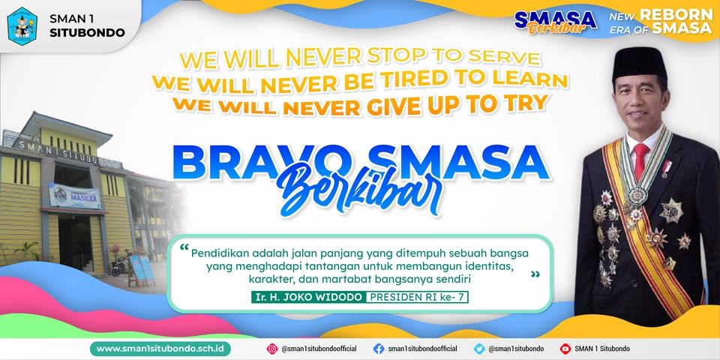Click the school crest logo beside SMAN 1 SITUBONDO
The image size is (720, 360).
coord(22,25)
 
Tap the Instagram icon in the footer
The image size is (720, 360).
coord(272,349)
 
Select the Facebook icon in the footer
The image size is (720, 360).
coord(379,349)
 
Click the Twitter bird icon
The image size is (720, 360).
coord(479,349)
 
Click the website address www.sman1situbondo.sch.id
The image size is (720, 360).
coord(160,349)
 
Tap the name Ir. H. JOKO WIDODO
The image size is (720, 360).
coord(308,297)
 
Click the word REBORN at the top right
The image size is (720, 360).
coord(681,15)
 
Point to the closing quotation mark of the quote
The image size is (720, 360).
coord(535,275)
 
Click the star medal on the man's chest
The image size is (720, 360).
coord(672,211)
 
